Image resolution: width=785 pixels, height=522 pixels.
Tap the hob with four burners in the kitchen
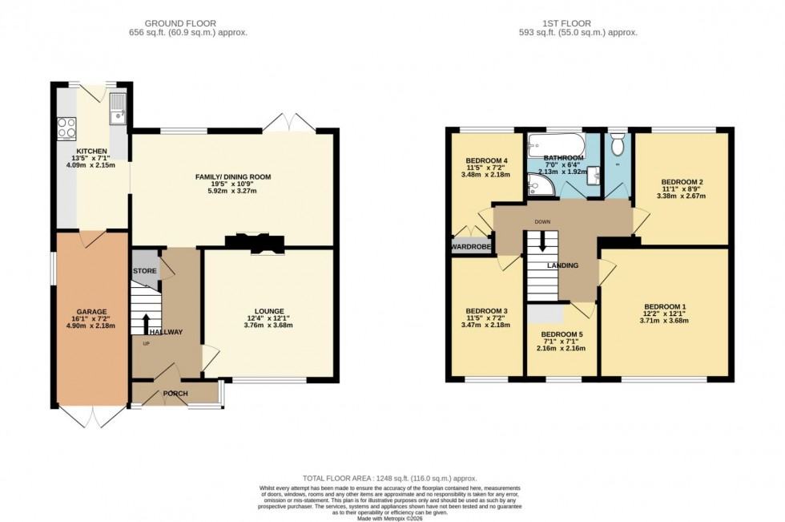(x=66, y=128)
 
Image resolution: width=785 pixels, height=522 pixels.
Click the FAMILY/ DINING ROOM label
(x=232, y=176)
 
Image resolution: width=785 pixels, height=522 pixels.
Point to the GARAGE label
(x=91, y=311)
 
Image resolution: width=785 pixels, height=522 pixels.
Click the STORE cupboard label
(x=145, y=271)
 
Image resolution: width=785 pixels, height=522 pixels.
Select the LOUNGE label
(x=268, y=311)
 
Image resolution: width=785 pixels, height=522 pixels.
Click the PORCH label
(x=175, y=394)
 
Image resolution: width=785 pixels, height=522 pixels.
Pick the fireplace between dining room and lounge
(x=254, y=241)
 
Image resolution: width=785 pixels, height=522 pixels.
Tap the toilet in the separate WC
(x=617, y=145)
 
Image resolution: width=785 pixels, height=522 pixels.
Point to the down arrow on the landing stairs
(x=542, y=241)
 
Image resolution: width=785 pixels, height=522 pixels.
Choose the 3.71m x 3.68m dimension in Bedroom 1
(x=665, y=319)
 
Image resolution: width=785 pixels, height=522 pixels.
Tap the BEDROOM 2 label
(x=680, y=182)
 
